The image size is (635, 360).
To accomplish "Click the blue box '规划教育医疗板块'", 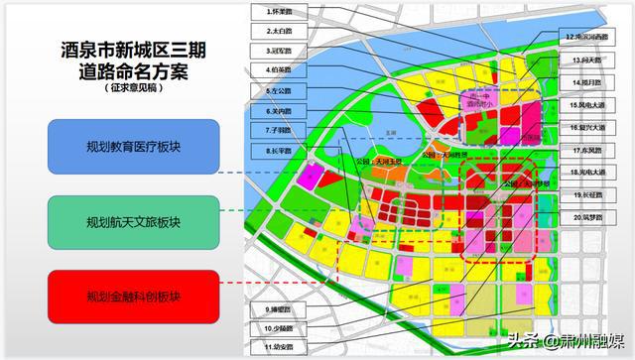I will pos(133,147).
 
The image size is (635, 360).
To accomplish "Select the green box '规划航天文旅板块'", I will pos(133,221).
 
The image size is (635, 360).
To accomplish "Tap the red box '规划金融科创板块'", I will pos(133,297).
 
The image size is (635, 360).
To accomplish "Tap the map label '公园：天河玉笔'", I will pos(372,160).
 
